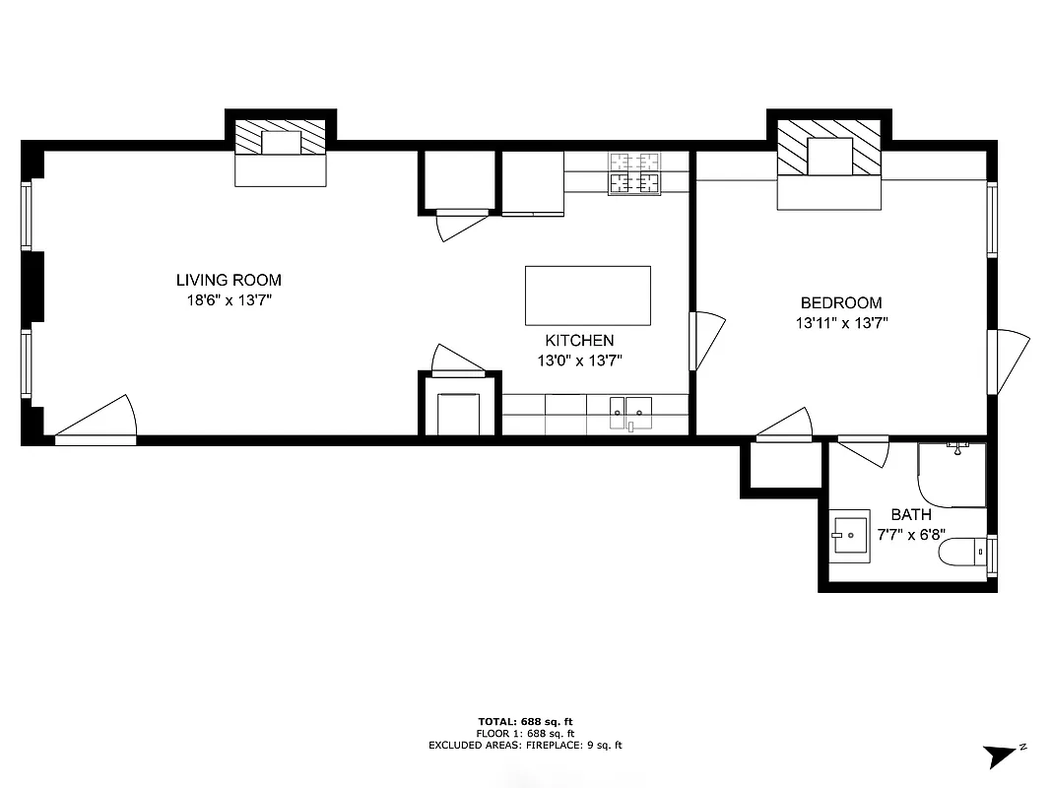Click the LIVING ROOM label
coord(229,281)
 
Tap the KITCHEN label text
coord(579,341)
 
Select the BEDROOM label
coord(840,303)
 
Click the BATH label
coord(910,514)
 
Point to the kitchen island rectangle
coord(587,295)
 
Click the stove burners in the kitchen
coord(633,173)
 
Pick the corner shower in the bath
coord(952,475)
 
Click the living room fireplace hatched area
coord(282,137)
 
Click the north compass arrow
coord(1001,755)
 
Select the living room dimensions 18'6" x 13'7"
coord(229,300)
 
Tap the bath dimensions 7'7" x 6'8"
coord(910,533)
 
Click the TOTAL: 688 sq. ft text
coord(525,721)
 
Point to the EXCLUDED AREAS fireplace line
coord(525,746)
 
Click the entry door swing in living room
coord(99,419)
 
